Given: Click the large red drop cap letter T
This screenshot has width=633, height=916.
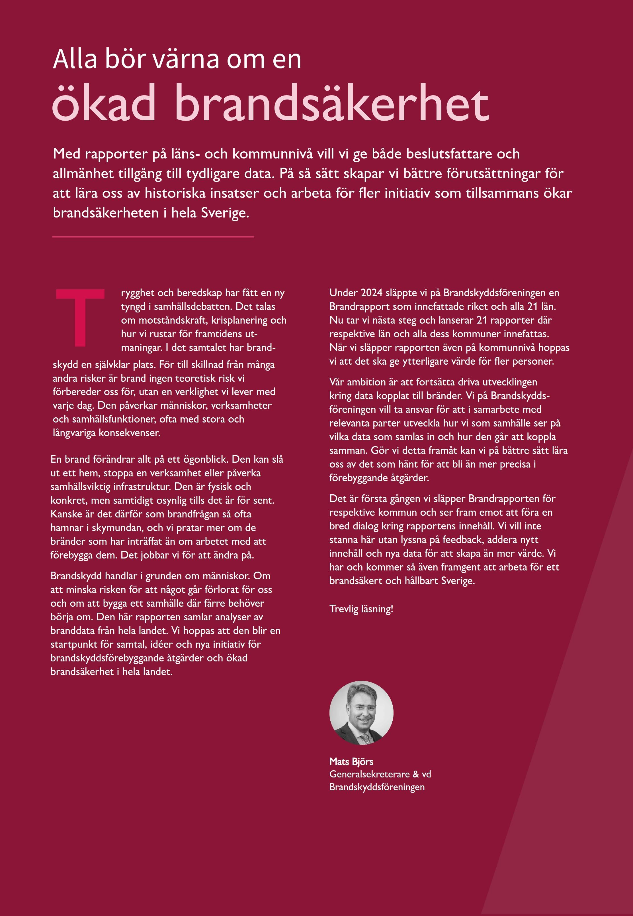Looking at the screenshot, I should pos(80,317).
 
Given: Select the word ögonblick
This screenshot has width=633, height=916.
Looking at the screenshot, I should pos(206,459).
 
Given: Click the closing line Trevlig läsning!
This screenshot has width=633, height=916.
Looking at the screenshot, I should pos(361,609).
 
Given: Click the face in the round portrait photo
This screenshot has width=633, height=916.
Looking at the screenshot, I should pos(362,710).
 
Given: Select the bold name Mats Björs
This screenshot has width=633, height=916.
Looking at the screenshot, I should pos(351,761).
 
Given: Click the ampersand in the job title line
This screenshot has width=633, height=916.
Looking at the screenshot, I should pos(416,774).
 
